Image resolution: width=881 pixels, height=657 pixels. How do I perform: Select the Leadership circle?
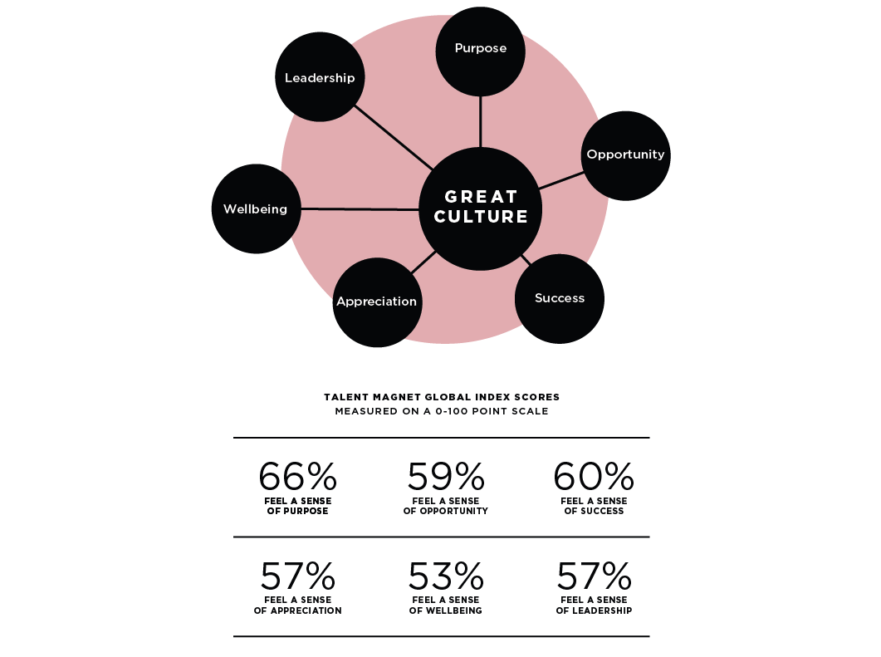319,78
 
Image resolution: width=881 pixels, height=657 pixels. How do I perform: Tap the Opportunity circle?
625,155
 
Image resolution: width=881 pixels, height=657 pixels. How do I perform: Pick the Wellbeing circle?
256,208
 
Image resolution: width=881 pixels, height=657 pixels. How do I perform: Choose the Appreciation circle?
376,302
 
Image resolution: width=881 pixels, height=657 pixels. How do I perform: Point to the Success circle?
560,299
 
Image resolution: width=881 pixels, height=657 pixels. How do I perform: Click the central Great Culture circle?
481,208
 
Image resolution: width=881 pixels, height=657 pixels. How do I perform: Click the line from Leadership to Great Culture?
392,136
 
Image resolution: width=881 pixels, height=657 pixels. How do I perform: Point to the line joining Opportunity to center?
560,179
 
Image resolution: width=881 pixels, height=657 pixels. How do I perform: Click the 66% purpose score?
297,477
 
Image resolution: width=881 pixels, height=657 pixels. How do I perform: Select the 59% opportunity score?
445,477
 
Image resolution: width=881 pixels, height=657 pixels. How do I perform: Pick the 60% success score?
593,477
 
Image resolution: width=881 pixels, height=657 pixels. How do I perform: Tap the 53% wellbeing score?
445,576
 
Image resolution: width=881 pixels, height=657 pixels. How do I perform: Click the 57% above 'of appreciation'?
297,576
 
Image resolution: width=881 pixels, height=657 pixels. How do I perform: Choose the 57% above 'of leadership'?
593,576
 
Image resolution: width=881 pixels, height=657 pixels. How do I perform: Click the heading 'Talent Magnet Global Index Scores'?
441,397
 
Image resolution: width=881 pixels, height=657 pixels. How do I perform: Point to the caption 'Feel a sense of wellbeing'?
445,605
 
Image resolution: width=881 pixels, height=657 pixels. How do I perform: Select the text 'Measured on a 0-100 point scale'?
441,411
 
